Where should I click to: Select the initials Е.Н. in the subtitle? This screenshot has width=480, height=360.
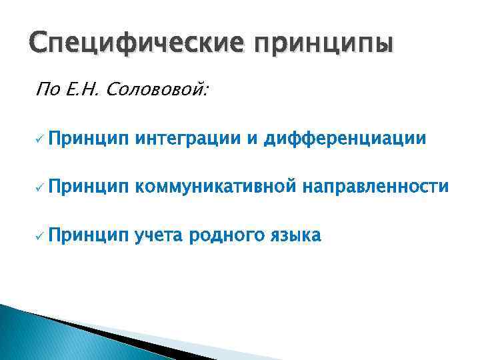click(81, 89)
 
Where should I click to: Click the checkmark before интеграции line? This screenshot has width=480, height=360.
click(40, 139)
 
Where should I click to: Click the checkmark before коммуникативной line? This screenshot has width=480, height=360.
click(40, 187)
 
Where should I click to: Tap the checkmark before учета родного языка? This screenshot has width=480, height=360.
click(40, 235)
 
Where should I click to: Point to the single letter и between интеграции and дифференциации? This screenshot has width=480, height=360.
click(253, 139)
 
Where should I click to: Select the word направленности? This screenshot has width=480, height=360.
click(375, 187)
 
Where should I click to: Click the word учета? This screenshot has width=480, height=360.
click(160, 235)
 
